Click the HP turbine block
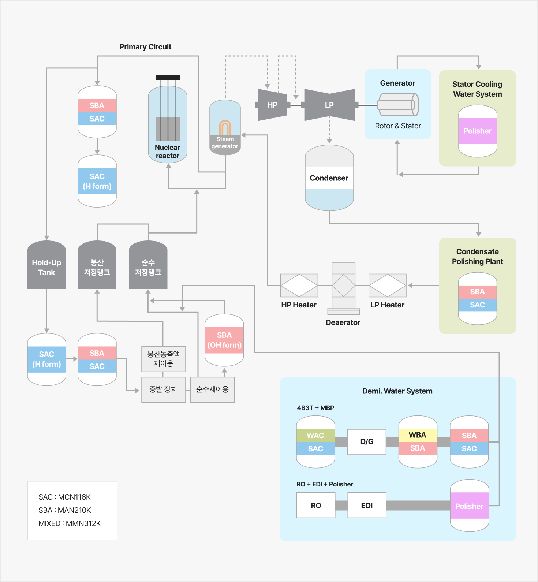[x=272, y=105]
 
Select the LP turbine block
[x=329, y=105]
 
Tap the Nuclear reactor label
[x=168, y=152]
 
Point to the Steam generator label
[x=225, y=143]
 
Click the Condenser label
[x=329, y=178]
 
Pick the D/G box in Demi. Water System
[x=367, y=442]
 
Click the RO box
[x=316, y=505]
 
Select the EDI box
[x=367, y=505]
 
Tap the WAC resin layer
[x=315, y=436]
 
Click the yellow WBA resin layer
[x=418, y=435]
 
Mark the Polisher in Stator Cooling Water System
[x=478, y=131]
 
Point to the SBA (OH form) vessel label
[x=224, y=340]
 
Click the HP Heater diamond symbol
[x=299, y=286]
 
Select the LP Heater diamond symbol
[x=388, y=286]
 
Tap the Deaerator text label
[x=343, y=322]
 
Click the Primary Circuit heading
[x=145, y=47]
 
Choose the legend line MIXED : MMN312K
[x=70, y=523]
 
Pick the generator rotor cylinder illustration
[x=398, y=105]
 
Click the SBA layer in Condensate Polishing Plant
[x=478, y=292]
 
